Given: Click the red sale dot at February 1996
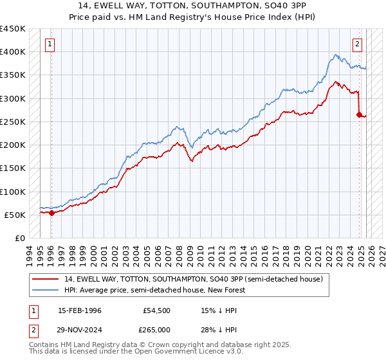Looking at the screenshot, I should pyautogui.click(x=51, y=213).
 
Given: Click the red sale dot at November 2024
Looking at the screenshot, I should pyautogui.click(x=359, y=115).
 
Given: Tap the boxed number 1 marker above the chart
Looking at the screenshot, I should pyautogui.click(x=50, y=44).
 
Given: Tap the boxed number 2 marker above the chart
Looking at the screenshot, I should pyautogui.click(x=357, y=44).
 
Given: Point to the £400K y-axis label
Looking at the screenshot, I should pyautogui.click(x=12, y=52).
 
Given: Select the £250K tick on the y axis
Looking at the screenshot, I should pyautogui.click(x=12, y=122).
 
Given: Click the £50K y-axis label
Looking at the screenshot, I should pyautogui.click(x=15, y=215).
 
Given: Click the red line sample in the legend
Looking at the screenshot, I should pyautogui.click(x=44, y=279).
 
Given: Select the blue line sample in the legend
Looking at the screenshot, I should pyautogui.click(x=44, y=290).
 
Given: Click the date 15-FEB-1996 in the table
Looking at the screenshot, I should pyautogui.click(x=80, y=310).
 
